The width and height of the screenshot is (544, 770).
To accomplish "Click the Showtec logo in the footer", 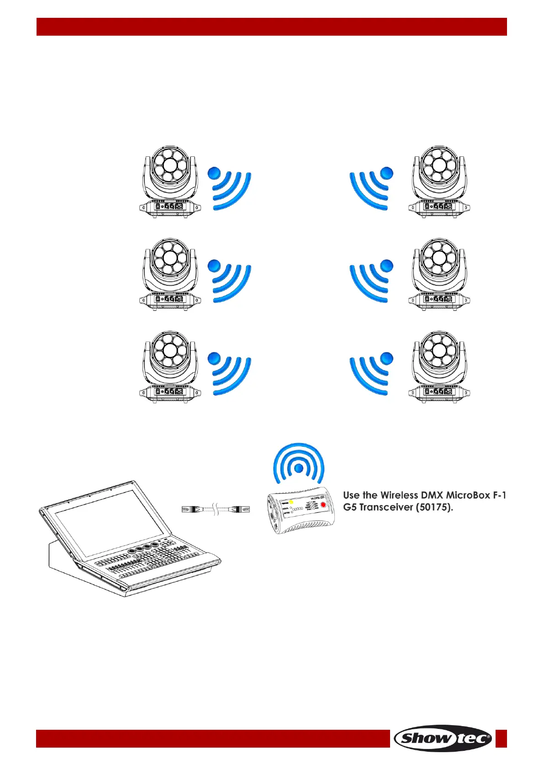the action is click(x=443, y=738).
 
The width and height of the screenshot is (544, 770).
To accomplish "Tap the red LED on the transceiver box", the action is click(x=323, y=505).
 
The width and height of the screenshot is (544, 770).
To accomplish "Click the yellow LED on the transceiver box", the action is click(x=291, y=503).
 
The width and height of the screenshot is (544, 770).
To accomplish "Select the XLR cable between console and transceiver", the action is click(x=216, y=509).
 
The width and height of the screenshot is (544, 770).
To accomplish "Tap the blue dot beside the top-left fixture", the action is click(x=214, y=174).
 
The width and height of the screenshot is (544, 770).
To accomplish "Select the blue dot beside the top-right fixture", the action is click(x=386, y=173).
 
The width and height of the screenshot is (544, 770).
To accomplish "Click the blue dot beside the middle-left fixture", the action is click(x=214, y=266).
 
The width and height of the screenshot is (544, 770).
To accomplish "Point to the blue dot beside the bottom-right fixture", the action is click(x=386, y=358).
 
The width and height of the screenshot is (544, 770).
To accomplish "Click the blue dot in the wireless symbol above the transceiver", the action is click(x=298, y=468).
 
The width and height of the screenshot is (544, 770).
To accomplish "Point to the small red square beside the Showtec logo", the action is click(x=501, y=738).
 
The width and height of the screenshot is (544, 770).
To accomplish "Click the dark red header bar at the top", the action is click(x=272, y=27).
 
